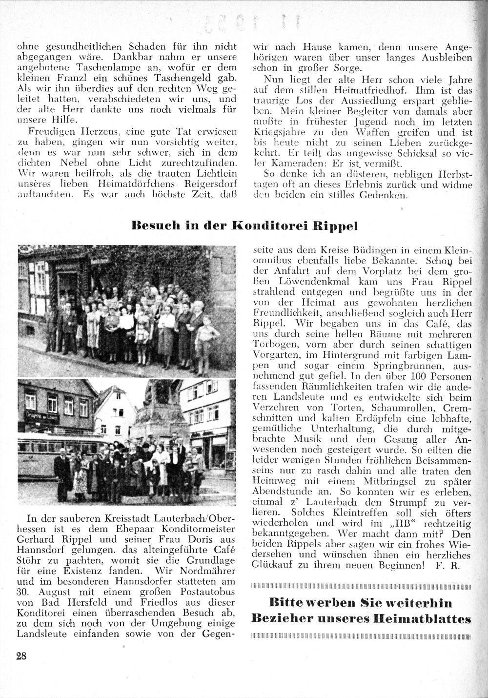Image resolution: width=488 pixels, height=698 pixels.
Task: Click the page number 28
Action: pyautogui.click(x=21, y=656)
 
